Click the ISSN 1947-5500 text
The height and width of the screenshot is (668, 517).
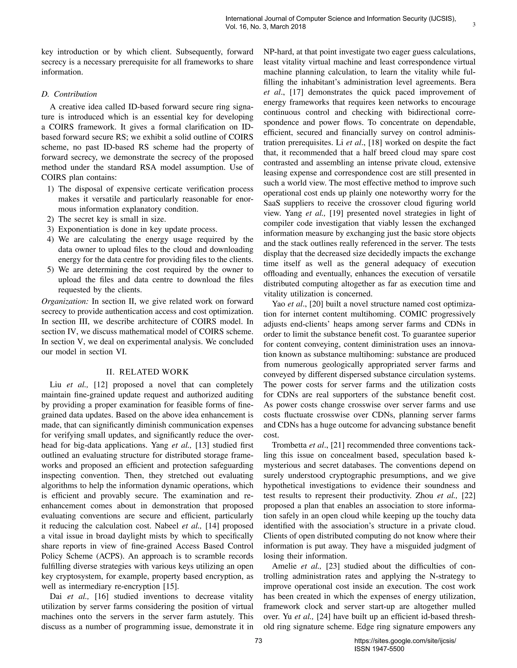[x=379, y=649]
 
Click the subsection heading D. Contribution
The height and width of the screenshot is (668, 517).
[x=69, y=94]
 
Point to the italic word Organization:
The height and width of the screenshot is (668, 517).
[x=65, y=301]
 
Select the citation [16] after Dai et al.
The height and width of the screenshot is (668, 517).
[x=101, y=596]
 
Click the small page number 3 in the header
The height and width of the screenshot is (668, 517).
[x=474, y=25]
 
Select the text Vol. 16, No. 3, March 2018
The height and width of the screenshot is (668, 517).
[x=266, y=27]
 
